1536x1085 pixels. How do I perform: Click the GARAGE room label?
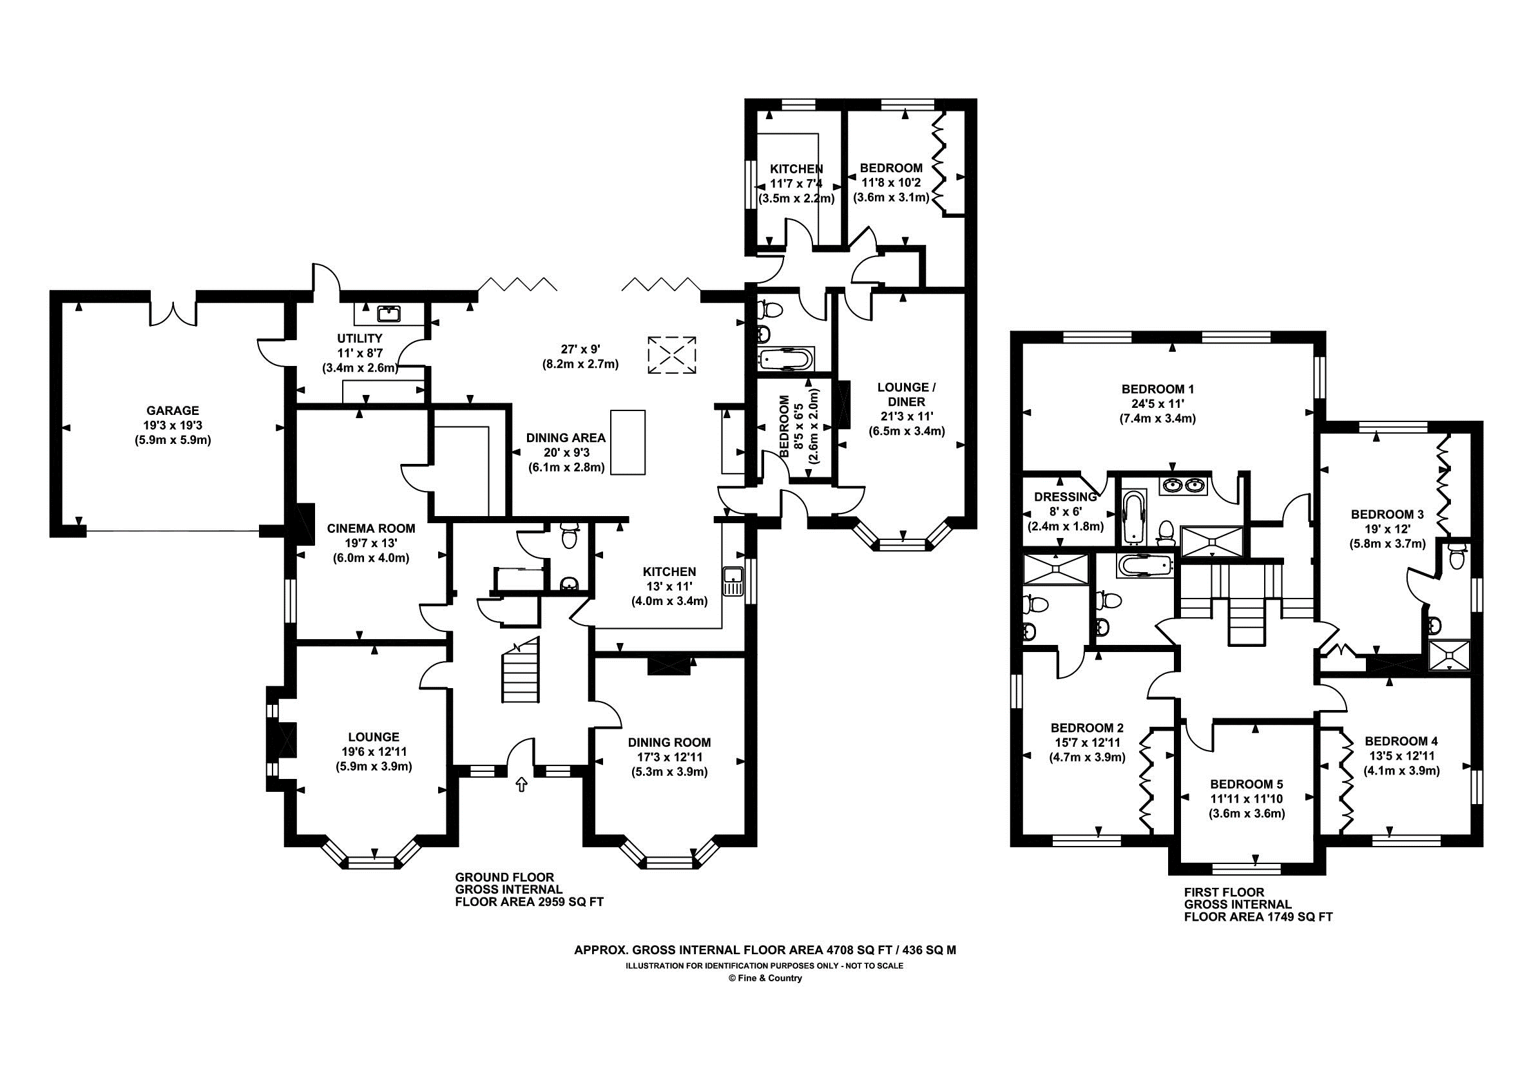click(173, 410)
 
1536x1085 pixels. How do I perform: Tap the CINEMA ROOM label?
click(370, 528)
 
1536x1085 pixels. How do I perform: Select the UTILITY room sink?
click(388, 312)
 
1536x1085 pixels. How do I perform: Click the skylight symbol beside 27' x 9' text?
click(671, 354)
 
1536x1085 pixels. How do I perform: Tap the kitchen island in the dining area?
click(628, 443)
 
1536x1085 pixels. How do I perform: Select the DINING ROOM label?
click(669, 742)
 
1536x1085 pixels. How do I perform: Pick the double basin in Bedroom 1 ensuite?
click(1185, 486)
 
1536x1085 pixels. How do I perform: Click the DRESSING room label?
click(1065, 497)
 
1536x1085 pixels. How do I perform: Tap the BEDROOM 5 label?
click(1246, 784)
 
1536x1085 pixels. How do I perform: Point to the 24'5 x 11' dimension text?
click(1157, 404)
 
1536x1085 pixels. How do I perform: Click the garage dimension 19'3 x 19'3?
click(173, 425)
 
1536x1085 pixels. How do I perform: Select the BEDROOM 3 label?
click(1387, 514)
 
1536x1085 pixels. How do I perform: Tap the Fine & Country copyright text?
click(765, 978)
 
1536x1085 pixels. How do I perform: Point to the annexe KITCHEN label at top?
click(796, 169)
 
